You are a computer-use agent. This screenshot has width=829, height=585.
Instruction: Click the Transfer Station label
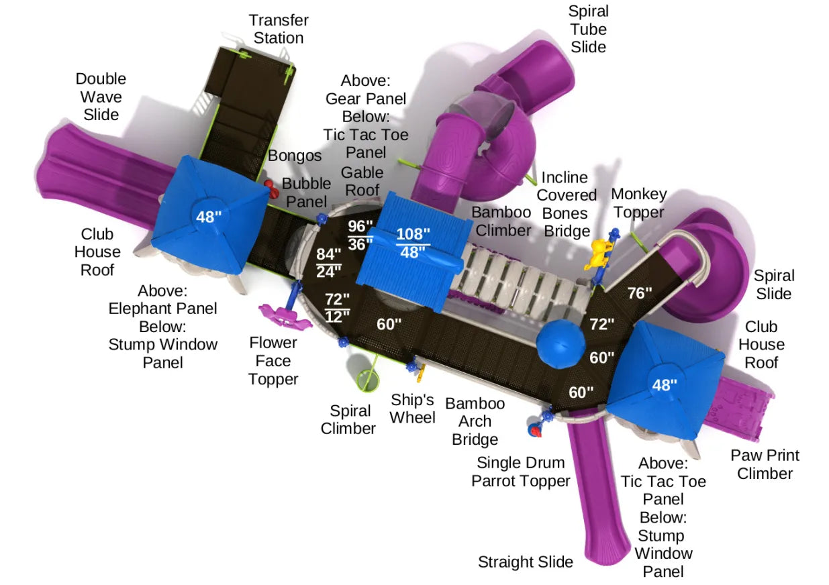tap(278, 29)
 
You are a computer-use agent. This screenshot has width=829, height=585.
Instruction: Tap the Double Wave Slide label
tap(101, 97)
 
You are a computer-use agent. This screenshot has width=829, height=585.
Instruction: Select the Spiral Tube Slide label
tap(587, 29)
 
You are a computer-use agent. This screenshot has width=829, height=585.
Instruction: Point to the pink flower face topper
tap(285, 314)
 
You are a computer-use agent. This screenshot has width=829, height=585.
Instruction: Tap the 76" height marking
tap(640, 292)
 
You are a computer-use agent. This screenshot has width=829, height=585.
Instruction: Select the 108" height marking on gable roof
tap(413, 234)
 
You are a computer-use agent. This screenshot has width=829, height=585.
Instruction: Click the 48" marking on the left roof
tap(207, 217)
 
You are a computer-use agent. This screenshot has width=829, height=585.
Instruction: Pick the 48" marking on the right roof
tap(665, 384)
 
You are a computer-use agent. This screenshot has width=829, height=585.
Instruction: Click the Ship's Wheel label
tap(413, 409)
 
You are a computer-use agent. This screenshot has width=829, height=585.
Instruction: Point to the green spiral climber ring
tap(368, 380)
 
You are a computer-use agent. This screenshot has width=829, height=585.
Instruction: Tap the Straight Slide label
tap(525, 562)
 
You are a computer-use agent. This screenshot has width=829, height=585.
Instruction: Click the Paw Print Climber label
tap(765, 464)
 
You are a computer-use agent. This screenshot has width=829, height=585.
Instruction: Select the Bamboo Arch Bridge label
tap(475, 421)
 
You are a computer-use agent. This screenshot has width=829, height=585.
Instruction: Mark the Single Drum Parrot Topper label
tap(520, 472)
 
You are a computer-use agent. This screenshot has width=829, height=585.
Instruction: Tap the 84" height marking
tap(328, 255)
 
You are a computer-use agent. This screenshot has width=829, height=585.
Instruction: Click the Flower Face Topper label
tap(273, 361)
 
